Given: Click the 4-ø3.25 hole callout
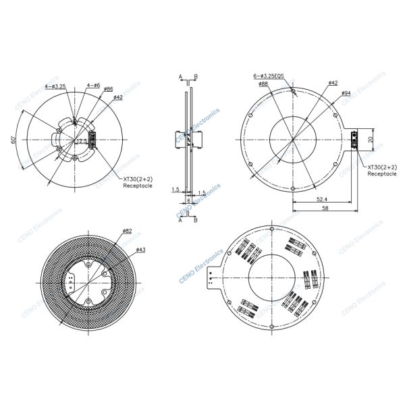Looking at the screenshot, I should [55, 86].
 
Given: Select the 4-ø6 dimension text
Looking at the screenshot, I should [94, 85].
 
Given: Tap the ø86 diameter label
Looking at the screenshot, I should [108, 89].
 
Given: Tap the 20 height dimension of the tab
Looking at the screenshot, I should [370, 139].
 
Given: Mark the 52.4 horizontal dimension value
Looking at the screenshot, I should [321, 199].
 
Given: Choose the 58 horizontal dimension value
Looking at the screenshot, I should [325, 209].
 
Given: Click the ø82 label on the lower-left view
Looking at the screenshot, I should [127, 231].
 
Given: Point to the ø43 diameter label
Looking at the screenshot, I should [140, 250].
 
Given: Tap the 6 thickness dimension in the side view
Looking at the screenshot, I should [188, 200].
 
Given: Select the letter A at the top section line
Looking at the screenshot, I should [181, 77].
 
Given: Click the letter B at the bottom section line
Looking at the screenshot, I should [195, 219].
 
